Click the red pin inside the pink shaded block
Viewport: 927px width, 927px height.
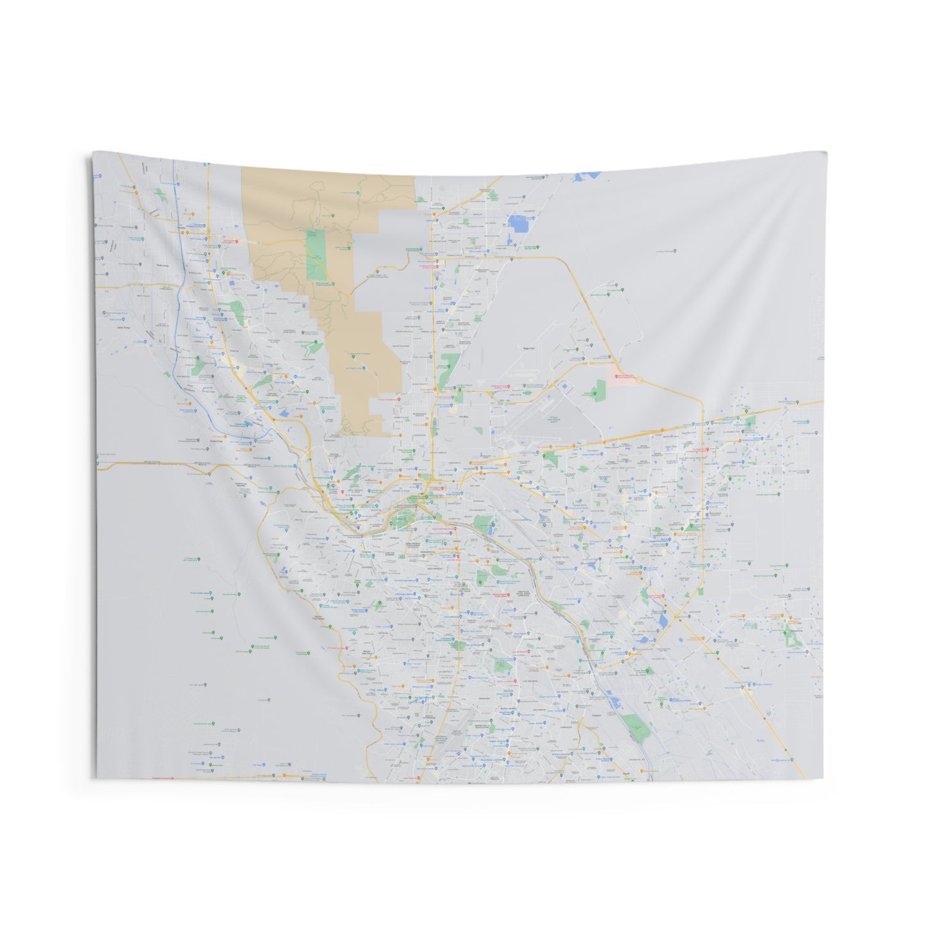pos(617,377)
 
